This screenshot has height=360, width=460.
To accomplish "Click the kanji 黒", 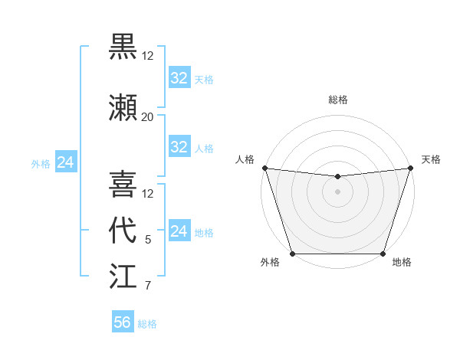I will pyautogui.click(x=123, y=47).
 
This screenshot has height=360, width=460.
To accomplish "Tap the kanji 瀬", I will pyautogui.click(x=123, y=108).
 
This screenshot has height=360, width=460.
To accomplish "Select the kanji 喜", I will pyautogui.click(x=123, y=185).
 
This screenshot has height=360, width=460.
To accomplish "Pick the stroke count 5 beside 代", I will pyautogui.click(x=148, y=240).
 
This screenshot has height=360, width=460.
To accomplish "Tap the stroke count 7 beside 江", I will pyautogui.click(x=148, y=286).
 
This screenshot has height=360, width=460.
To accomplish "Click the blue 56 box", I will pyautogui.click(x=123, y=322).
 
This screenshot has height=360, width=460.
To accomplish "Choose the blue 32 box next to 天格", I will pyautogui.click(x=179, y=77).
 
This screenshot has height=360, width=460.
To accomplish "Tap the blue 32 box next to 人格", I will pyautogui.click(x=179, y=147).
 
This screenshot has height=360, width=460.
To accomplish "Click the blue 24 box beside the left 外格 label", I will pyautogui.click(x=65, y=162).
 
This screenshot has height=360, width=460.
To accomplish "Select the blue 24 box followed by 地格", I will pyautogui.click(x=179, y=231).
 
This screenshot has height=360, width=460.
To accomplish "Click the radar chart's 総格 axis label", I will pyautogui.click(x=337, y=100).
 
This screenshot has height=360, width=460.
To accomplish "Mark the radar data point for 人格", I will pyautogui.click(x=264, y=168).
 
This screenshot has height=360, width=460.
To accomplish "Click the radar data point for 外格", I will pyautogui.click(x=292, y=253).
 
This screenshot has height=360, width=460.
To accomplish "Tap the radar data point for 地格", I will pyautogui.click(x=383, y=253).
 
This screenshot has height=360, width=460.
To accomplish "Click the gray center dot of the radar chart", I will pyautogui.click(x=337, y=191).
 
